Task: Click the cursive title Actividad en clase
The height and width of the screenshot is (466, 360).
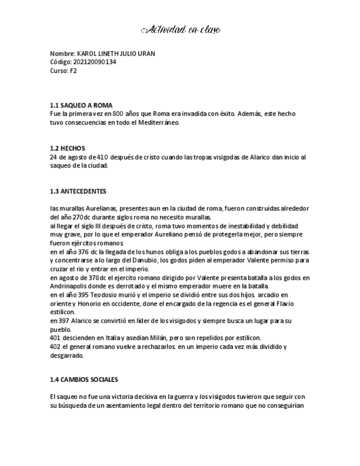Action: [x=180, y=29]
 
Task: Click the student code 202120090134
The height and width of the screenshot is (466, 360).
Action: [x=95, y=62]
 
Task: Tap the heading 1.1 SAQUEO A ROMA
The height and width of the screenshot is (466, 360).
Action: [x=81, y=105]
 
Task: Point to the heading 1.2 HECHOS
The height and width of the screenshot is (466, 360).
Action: [x=68, y=148]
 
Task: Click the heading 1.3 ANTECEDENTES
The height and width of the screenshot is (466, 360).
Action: [x=78, y=191]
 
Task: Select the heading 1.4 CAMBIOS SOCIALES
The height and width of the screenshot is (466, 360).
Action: [x=84, y=380]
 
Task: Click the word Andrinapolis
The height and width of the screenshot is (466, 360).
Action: [x=69, y=286]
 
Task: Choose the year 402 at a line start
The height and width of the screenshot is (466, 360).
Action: [x=54, y=346]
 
